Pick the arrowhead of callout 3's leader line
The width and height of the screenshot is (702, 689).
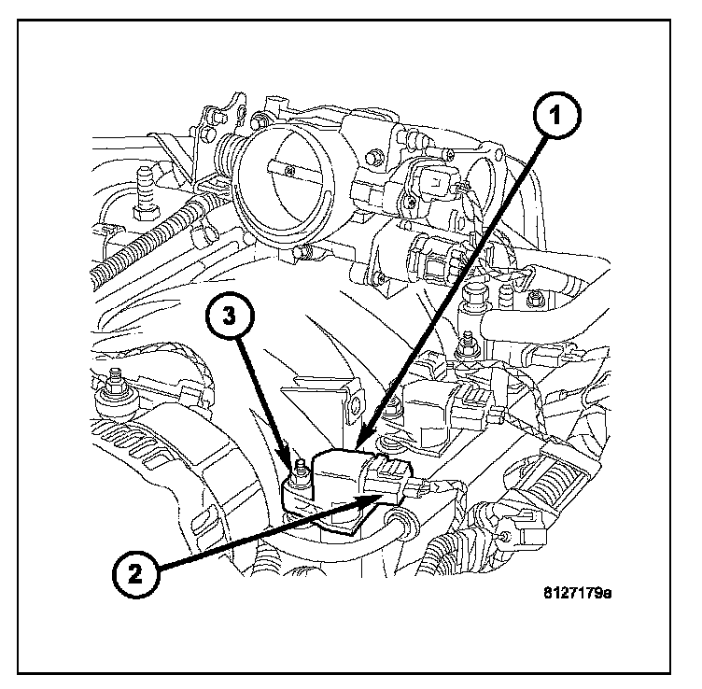coord(295,465)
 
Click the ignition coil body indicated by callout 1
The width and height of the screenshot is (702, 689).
coord(343,475)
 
